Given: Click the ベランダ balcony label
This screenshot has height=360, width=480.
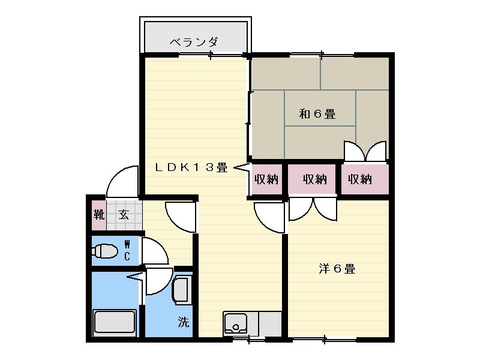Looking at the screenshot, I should [193, 43].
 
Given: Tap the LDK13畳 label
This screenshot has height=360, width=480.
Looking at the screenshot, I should [191, 168].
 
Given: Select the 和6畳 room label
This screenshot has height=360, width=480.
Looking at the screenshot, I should [317, 113].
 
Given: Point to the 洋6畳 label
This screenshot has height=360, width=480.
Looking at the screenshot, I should [337, 269].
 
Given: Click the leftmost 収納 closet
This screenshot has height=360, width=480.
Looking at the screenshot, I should [266, 179].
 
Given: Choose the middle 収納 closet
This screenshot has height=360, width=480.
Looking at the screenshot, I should [314, 179].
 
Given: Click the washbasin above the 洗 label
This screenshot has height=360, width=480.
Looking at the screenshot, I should [182, 290].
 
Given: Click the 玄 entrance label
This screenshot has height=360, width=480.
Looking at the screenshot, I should [124, 215].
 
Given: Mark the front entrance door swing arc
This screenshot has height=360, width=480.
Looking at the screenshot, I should [124, 181].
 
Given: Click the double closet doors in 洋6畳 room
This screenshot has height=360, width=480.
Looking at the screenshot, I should [313, 209].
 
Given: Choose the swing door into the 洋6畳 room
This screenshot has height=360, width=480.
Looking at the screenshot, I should [269, 217].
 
